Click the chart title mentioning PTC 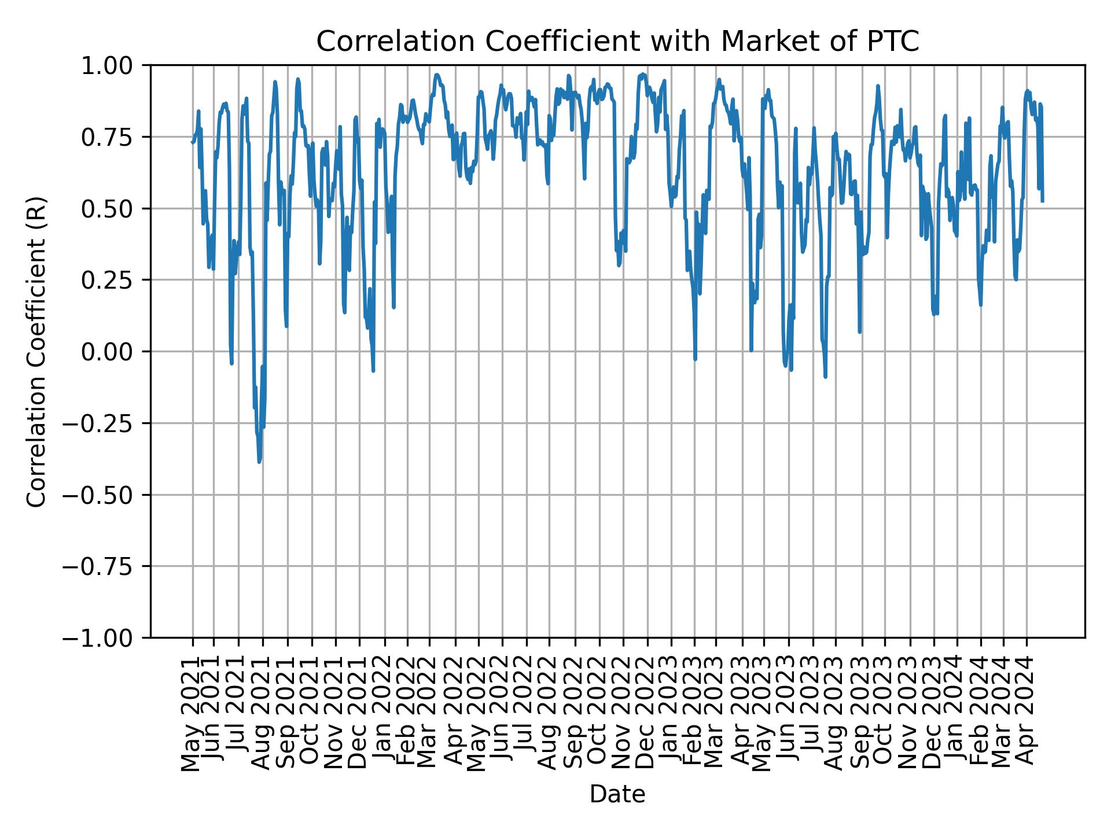[x=617, y=42]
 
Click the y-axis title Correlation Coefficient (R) [x=36, y=351]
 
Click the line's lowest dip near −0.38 [x=259, y=462]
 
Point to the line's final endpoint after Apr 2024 [x=1042, y=201]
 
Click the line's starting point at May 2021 [x=192, y=142]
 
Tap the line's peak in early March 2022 [x=437, y=75]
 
